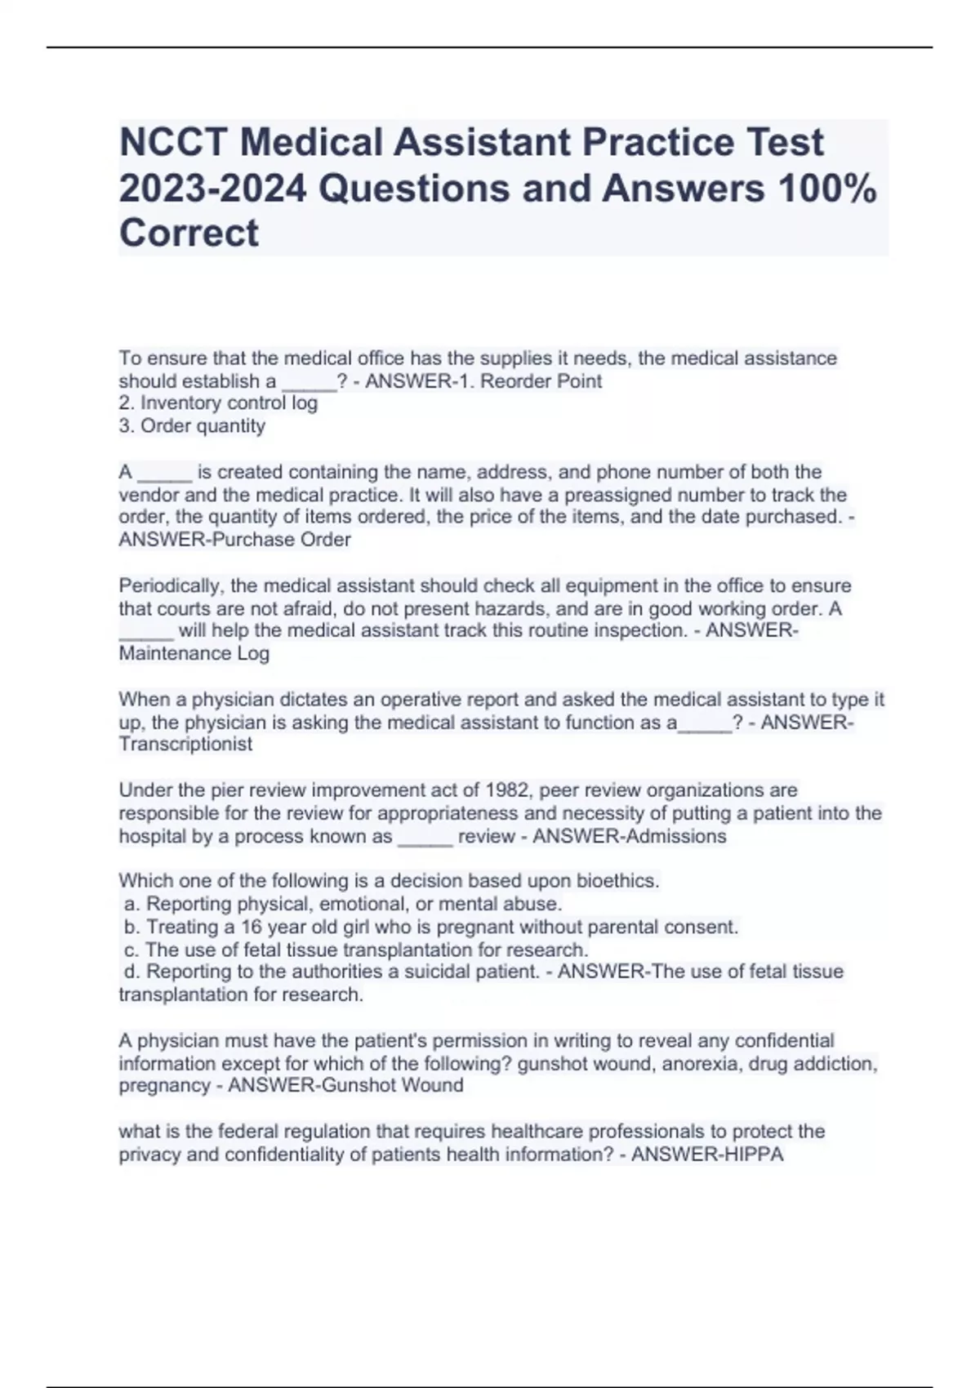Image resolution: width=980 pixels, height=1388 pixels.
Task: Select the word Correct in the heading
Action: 189,234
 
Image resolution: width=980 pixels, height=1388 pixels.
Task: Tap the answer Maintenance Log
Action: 194,653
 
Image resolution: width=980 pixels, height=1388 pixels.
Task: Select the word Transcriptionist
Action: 185,744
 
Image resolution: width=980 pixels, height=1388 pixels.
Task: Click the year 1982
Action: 507,790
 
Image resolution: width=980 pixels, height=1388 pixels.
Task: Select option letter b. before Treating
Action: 132,927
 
